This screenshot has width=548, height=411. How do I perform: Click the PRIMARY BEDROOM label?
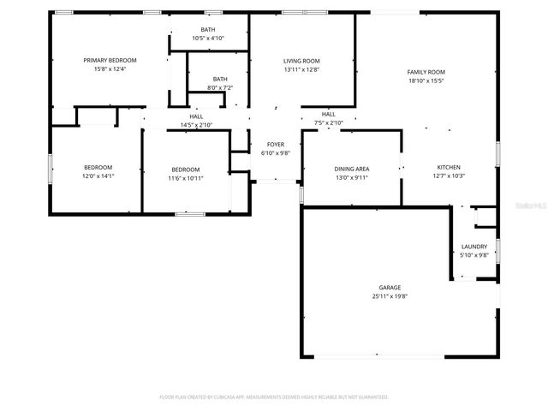(x=110, y=60)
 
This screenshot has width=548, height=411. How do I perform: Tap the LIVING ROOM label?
(x=301, y=61)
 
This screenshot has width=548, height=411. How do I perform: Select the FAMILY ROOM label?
(x=426, y=72)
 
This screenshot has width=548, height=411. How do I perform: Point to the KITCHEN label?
(x=450, y=167)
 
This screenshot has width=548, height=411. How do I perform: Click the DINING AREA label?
(x=351, y=169)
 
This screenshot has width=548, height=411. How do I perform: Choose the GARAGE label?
(x=390, y=288)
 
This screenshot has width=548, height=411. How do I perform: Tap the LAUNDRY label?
(x=474, y=246)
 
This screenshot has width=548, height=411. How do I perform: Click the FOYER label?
(x=276, y=145)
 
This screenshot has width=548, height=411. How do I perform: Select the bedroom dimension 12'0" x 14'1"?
(x=98, y=176)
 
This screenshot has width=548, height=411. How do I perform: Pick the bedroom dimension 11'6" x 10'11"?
(x=185, y=178)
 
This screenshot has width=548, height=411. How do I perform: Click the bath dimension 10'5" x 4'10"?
(x=208, y=39)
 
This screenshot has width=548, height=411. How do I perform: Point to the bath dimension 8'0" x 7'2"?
(x=220, y=88)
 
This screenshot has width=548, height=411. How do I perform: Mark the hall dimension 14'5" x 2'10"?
(x=196, y=125)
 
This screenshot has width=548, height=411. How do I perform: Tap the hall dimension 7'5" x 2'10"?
(x=329, y=122)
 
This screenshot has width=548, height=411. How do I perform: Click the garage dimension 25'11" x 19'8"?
(x=390, y=296)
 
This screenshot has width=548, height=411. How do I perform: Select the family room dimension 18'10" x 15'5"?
(x=426, y=81)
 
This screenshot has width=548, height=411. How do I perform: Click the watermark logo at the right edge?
(x=533, y=205)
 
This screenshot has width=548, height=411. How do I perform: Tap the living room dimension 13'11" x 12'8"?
(x=301, y=70)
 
